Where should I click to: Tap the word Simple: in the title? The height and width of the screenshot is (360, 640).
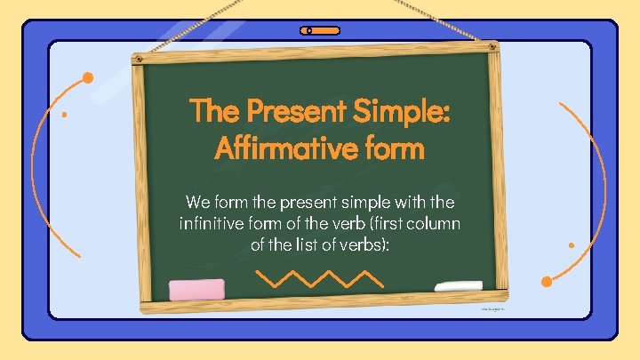[403, 112]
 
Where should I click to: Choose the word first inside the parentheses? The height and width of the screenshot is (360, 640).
[396, 222]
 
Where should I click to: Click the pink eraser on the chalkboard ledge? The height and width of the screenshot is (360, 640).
[196, 289]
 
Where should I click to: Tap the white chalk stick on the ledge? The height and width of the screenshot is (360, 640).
[458, 287]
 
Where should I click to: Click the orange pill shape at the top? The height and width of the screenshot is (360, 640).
[320, 30]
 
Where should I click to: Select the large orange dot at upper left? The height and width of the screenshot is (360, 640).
[88, 77]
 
